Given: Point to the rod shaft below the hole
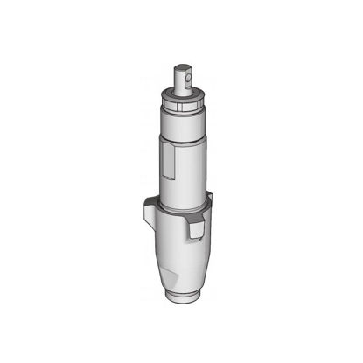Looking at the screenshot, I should [181, 87].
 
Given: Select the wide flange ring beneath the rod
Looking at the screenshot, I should [181, 97].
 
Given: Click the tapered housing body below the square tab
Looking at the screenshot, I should [184, 258].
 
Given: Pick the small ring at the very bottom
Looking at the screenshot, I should [183, 297].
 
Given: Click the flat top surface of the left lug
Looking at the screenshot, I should [150, 202].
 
